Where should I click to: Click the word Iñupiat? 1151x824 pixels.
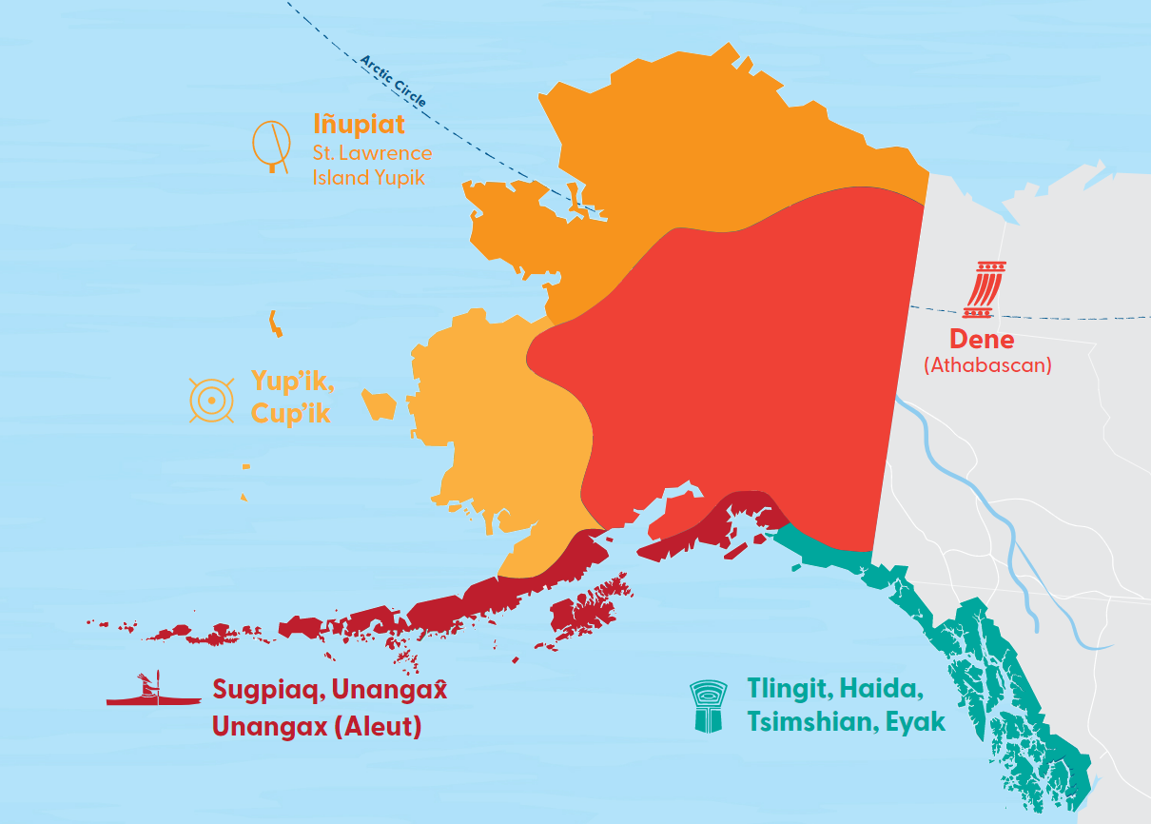(359, 125)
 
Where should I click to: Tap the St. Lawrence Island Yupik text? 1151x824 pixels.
(372, 165)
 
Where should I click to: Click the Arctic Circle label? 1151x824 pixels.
(393, 81)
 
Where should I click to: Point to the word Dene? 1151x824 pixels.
(982, 340)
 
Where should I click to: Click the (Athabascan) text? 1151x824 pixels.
(987, 365)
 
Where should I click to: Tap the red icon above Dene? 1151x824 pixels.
(985, 289)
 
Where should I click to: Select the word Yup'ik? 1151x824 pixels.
(289, 381)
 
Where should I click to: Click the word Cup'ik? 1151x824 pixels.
(290, 414)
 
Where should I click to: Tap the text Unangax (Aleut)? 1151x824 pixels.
(317, 727)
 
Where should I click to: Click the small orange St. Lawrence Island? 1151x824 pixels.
(275, 324)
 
